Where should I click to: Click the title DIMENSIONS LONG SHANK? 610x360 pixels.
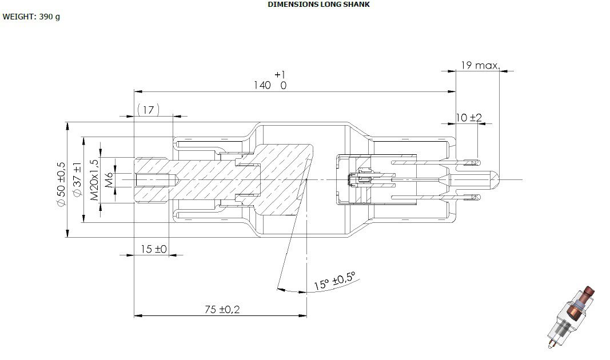pos(318,4)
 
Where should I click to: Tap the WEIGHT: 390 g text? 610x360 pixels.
pos(31,17)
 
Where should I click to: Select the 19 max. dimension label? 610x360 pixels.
pos(480,65)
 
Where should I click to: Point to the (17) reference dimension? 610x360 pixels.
pos(148,110)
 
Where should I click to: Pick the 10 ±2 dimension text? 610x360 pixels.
pos(468,117)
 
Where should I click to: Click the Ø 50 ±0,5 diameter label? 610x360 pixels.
pos(61,184)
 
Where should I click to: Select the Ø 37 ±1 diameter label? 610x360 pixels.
pos(77,180)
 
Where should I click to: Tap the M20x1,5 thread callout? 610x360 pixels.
pos(94,179)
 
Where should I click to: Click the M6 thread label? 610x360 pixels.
pos(110,179)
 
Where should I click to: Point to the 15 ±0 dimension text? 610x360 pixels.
pos(153,249)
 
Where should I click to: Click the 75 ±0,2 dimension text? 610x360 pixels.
pos(222,310)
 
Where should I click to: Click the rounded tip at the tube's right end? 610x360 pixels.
pos(493,179)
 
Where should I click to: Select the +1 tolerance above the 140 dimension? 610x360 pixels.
pos(280,74)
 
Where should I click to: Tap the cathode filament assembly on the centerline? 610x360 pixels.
pos(362,179)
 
